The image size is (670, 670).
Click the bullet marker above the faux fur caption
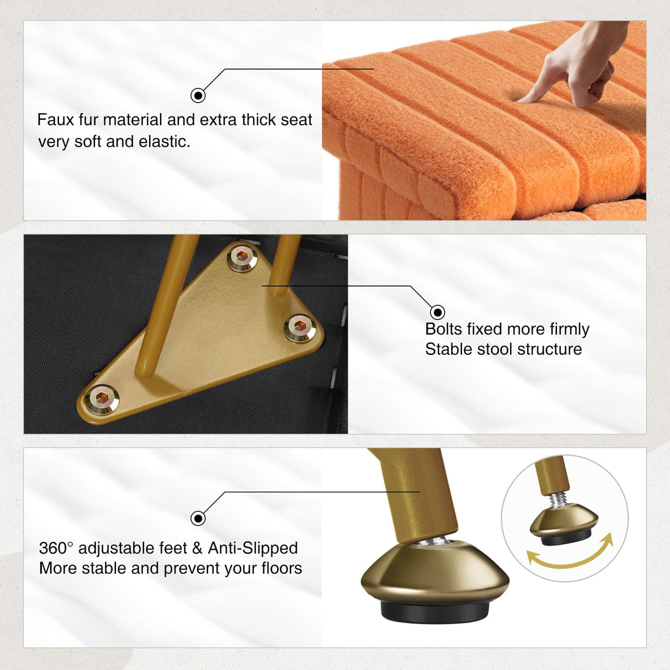click(x=198, y=95)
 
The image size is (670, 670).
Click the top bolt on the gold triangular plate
click(x=242, y=257)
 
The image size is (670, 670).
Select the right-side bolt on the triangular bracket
click(x=300, y=327)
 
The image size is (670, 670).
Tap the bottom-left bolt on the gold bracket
click(x=102, y=398)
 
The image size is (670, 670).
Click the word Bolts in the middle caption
click(x=443, y=329)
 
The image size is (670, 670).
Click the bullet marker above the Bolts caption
click(x=437, y=312)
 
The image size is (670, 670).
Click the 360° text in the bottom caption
click(x=56, y=548)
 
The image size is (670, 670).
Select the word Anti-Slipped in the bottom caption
click(x=253, y=548)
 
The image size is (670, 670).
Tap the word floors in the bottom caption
click(x=281, y=568)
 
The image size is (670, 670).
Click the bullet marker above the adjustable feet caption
click(x=198, y=518)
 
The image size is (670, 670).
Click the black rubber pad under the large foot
click(x=435, y=611)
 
